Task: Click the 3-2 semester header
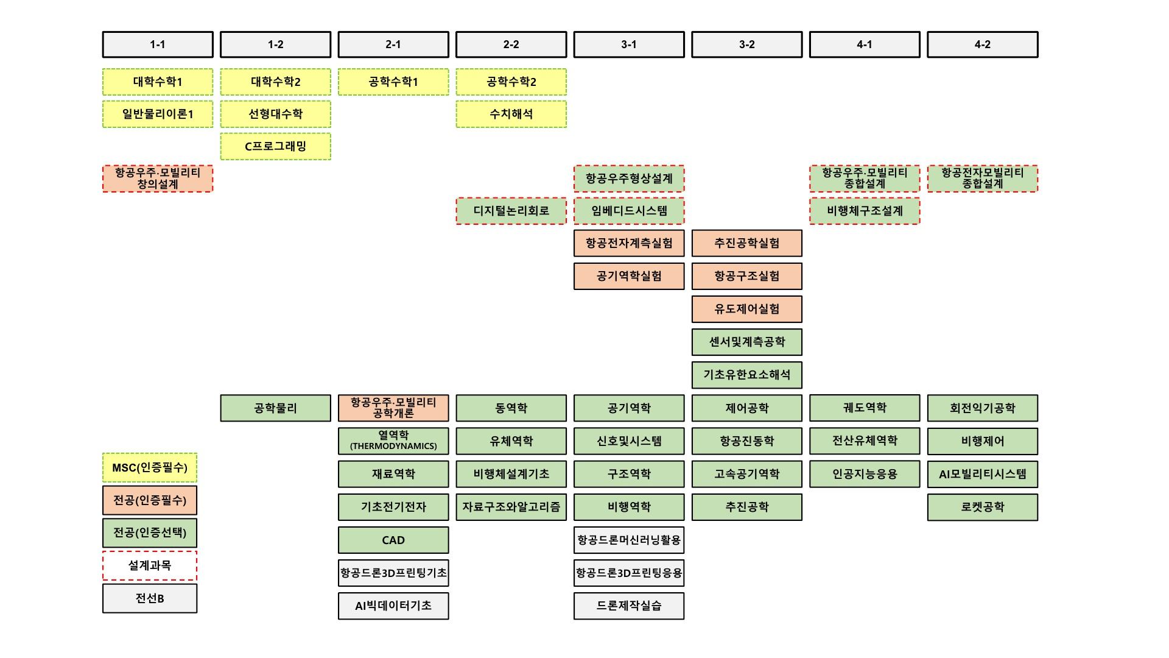click(746, 44)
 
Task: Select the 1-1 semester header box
click(158, 44)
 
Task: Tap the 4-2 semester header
click(982, 44)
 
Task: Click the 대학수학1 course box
click(158, 82)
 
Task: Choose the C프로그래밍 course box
click(275, 146)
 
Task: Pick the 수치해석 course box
click(511, 114)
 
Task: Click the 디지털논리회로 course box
click(511, 211)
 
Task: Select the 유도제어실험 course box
click(746, 309)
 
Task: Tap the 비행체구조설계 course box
click(865, 211)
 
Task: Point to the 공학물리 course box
click(275, 408)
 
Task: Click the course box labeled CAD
click(393, 540)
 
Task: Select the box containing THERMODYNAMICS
click(393, 440)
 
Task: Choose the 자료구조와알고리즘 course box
click(511, 507)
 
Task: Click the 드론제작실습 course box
click(629, 606)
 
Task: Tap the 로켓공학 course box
click(982, 507)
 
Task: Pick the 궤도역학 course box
click(865, 408)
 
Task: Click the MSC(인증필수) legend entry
click(150, 467)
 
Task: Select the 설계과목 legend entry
click(150, 565)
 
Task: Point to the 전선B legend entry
click(150, 598)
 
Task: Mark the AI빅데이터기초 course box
click(393, 606)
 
